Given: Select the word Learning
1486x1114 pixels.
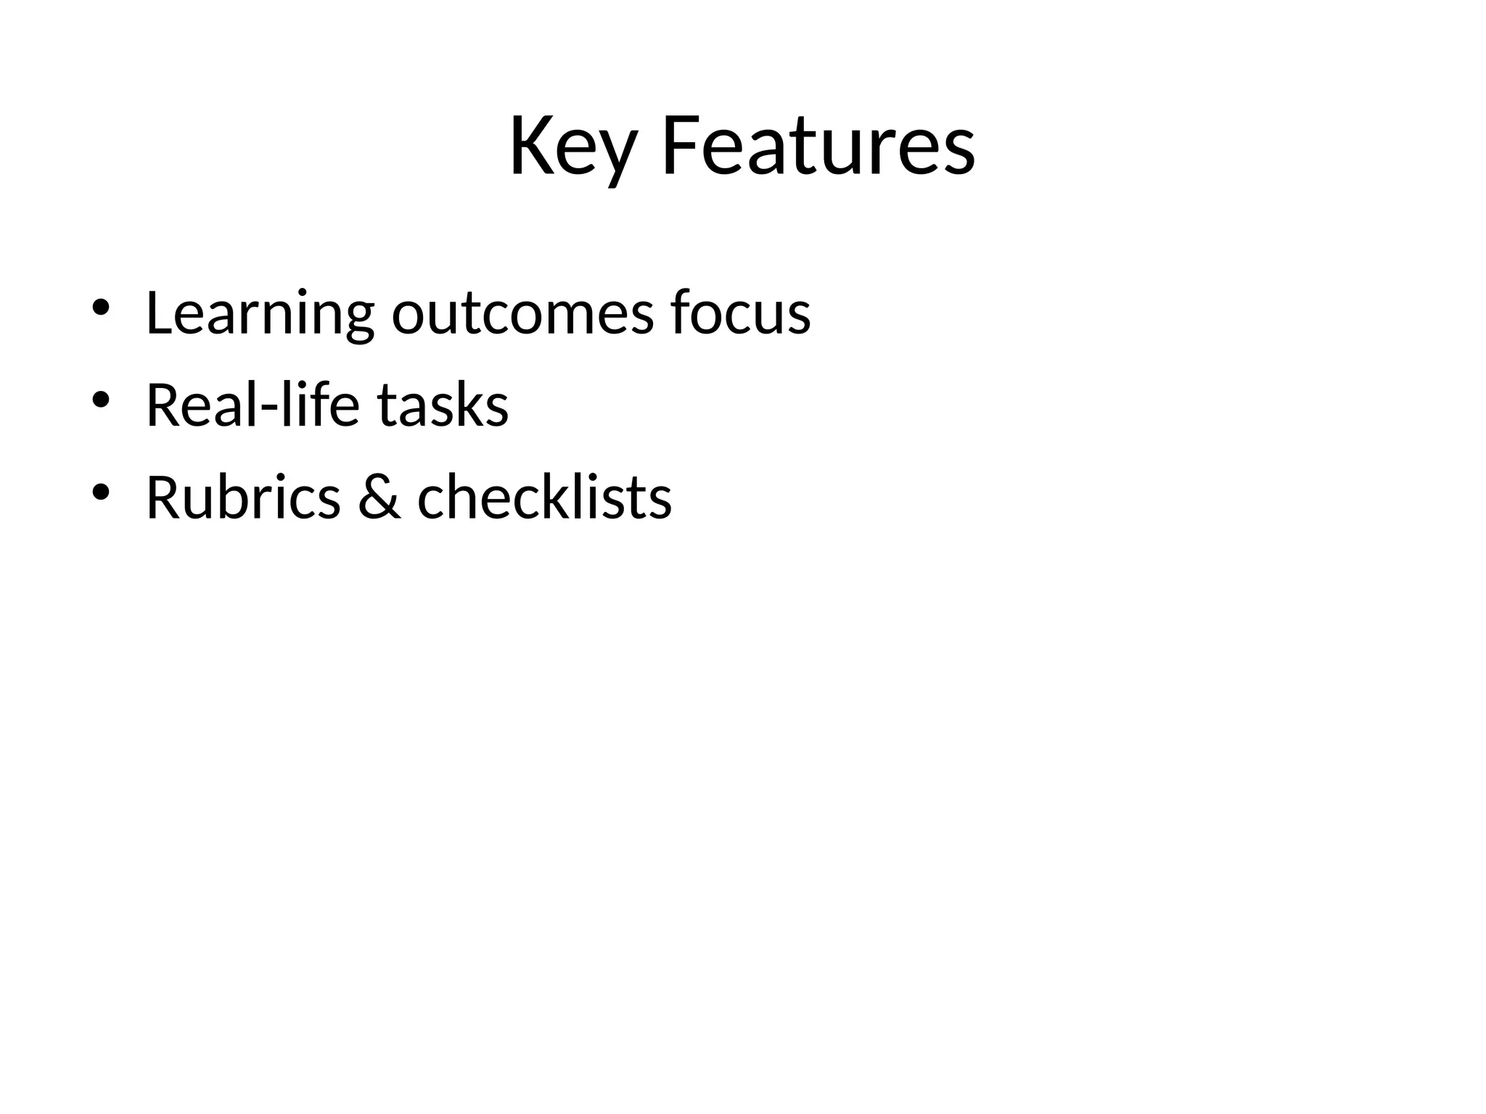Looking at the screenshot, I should click(x=260, y=313).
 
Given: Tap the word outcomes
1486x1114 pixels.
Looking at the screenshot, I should click(x=522, y=313).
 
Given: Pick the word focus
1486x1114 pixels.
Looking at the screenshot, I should click(x=740, y=313).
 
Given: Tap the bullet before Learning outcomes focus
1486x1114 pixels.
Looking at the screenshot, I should click(x=100, y=307).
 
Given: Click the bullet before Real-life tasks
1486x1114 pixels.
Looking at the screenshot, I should click(x=100, y=399).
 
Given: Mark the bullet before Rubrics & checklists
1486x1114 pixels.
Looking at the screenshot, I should click(x=100, y=492).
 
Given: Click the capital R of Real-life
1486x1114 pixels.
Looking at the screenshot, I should click(x=163, y=405).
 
